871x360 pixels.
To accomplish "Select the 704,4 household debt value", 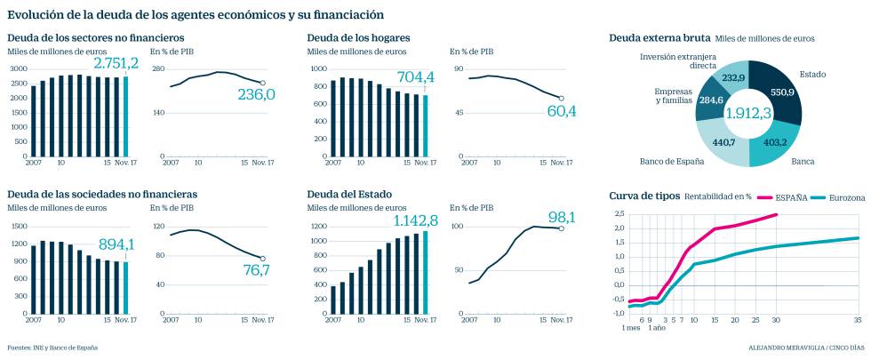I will click(x=416, y=77).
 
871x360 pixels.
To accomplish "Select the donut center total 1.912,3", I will click(x=748, y=114).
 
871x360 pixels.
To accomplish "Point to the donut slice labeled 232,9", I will click(x=734, y=78).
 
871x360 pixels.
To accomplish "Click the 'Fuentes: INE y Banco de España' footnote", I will click(x=52, y=348).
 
